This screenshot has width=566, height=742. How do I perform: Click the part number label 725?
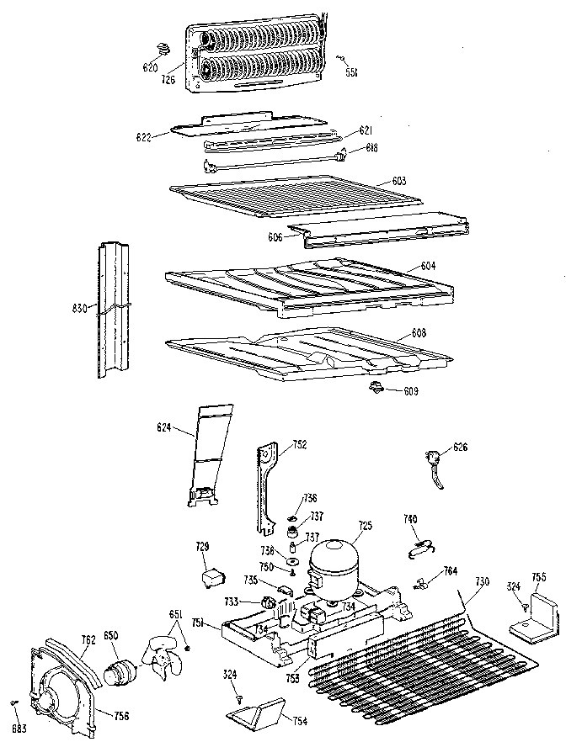365,526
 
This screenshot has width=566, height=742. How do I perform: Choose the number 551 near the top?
351,73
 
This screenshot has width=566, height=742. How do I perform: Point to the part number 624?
163,428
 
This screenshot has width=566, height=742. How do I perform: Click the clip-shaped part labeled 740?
419,548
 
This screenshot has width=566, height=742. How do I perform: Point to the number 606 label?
275,238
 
